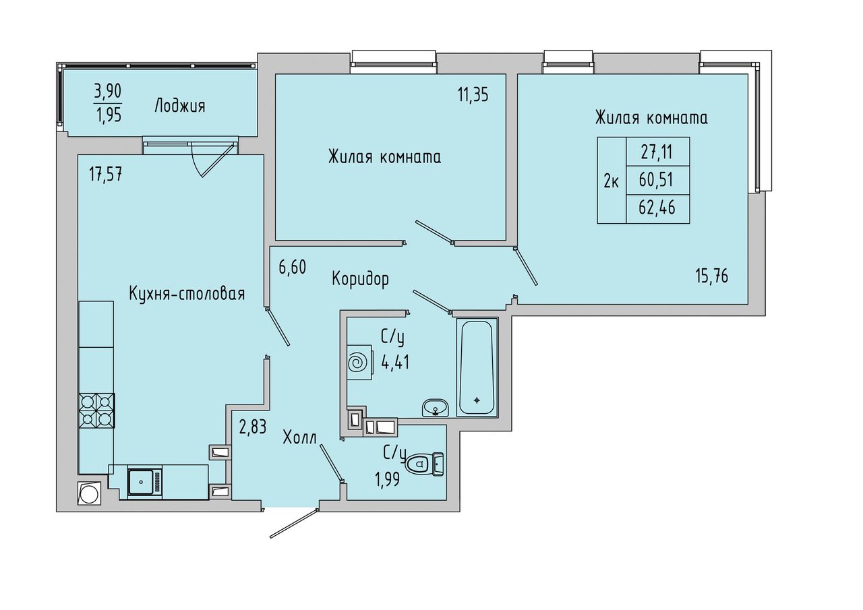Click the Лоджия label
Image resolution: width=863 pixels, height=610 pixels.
click(180, 106)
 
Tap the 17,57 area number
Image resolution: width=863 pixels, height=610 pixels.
click(106, 175)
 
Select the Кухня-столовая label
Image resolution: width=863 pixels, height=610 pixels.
click(187, 294)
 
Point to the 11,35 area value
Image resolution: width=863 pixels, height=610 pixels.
click(473, 94)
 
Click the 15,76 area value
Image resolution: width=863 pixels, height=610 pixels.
click(712, 276)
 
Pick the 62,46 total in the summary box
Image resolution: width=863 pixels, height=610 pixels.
click(657, 208)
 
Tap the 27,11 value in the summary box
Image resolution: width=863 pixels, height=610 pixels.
click(657, 152)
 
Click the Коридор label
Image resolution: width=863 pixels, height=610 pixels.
click(360, 279)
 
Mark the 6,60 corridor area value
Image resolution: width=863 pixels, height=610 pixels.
click(293, 268)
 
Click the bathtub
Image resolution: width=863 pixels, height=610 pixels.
click(477, 368)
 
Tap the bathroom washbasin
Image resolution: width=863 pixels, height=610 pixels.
click(436, 407)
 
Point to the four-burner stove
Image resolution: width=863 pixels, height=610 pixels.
click(96, 410)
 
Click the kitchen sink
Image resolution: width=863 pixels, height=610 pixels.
click(145, 481)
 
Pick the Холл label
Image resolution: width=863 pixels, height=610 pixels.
click(300, 438)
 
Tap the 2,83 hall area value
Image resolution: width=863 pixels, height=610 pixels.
click(253, 427)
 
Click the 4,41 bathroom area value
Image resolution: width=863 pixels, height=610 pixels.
click(395, 362)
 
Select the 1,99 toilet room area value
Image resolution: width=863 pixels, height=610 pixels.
click(387, 479)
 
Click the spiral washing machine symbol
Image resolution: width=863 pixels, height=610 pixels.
click(359, 363)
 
